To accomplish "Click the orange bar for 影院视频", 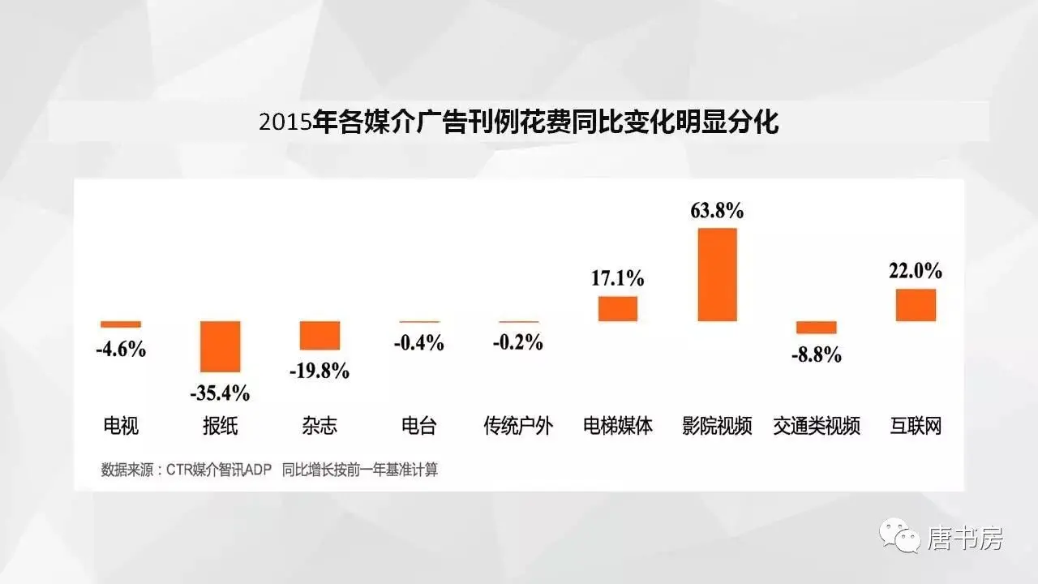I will coord(718,274).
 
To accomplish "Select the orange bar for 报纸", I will coord(221,346).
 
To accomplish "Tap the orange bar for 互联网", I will coord(916,305).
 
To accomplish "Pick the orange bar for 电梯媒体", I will coord(618,308).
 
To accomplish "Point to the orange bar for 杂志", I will coord(320,335).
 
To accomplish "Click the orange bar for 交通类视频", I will coord(816,328).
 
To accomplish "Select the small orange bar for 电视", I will coord(121,324).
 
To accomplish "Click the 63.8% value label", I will coord(717,212).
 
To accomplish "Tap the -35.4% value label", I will coord(220,394).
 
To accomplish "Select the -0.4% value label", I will coord(419,343).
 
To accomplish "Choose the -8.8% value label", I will coord(816,354).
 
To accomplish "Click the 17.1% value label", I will coord(618,279).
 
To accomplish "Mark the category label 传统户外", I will coord(518,426).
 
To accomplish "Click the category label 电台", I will coord(419,426).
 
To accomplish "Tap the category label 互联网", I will coord(916,426).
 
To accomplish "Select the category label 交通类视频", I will coord(816,426).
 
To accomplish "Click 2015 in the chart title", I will coord(285,123).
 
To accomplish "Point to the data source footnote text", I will coord(269,470).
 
